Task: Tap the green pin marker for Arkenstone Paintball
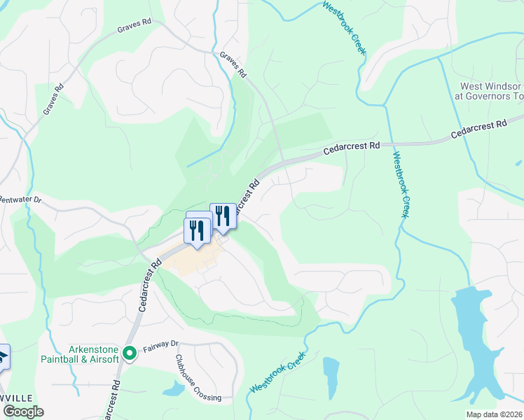click(129, 353)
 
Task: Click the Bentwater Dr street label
click(21, 200)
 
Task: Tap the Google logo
click(23, 412)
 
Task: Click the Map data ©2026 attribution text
click(484, 414)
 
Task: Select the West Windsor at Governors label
click(490, 91)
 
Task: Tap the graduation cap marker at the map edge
click(3, 357)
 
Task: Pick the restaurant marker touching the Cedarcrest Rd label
click(222, 216)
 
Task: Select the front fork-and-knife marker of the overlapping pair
click(197, 230)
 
